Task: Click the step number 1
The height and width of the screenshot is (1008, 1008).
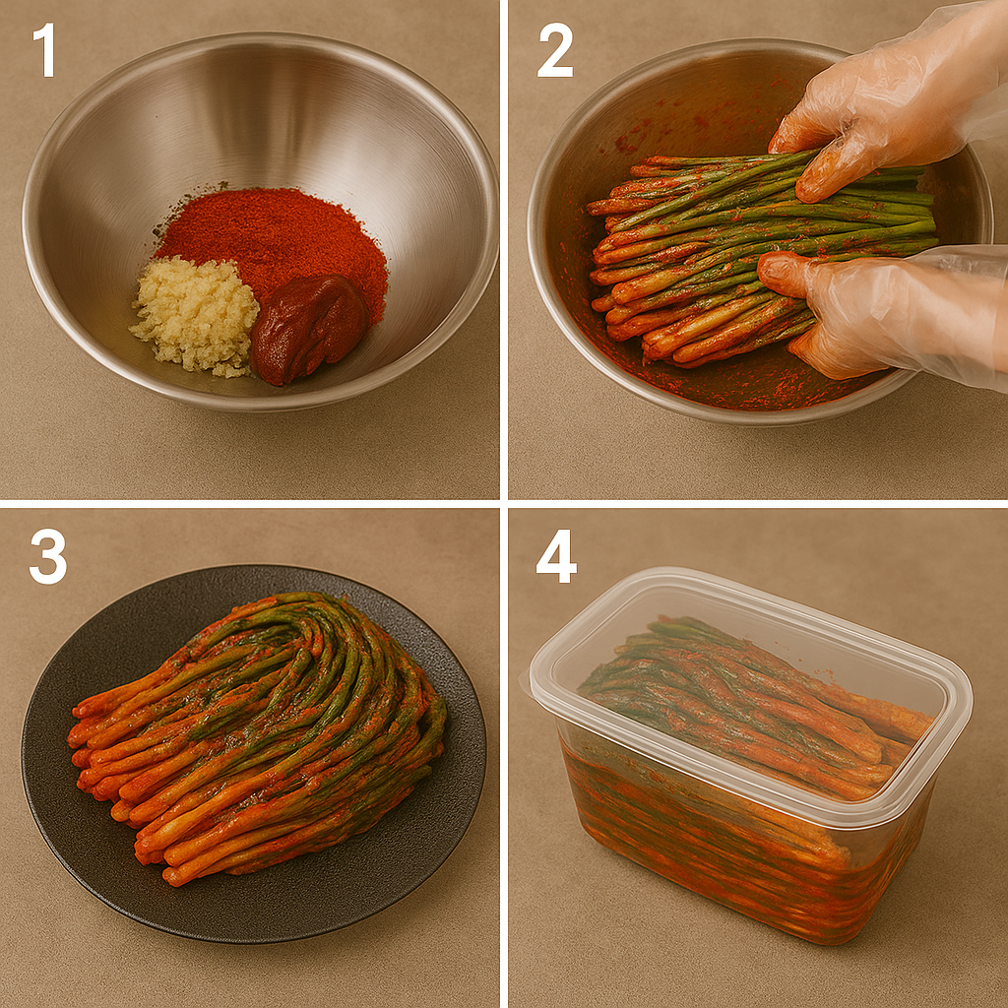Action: (44, 49)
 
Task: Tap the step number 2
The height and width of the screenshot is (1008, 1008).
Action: (555, 49)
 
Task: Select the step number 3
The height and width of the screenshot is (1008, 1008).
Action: (47, 556)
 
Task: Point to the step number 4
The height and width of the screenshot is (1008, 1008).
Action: (556, 556)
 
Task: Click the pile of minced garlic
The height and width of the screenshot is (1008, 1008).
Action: (195, 316)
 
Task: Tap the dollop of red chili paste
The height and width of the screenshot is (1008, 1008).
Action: (307, 327)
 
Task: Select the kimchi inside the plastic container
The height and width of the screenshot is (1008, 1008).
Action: (752, 726)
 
